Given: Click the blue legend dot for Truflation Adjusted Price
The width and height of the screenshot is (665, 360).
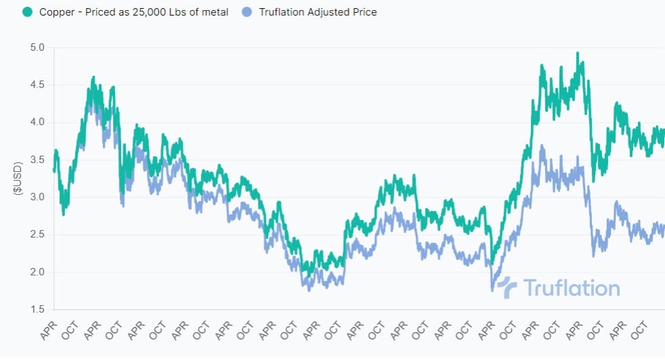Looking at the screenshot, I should [x=248, y=12].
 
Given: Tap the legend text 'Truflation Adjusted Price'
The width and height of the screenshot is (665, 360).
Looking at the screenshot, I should [x=318, y=12].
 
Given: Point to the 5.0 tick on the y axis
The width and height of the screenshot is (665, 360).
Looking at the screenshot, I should [x=37, y=47].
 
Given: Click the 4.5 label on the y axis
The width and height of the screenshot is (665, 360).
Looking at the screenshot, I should [x=37, y=85].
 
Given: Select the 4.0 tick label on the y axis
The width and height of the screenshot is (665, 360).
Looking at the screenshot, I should [x=37, y=122].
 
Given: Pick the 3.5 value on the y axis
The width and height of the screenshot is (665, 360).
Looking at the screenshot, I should [x=37, y=160].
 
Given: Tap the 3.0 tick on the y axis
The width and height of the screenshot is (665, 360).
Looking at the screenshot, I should [x=37, y=197].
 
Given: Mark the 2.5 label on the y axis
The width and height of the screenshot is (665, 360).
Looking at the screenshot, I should [x=37, y=235].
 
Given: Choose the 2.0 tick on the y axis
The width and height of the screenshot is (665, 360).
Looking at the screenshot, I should [x=37, y=272].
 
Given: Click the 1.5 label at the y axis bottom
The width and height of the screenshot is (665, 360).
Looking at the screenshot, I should [x=37, y=309].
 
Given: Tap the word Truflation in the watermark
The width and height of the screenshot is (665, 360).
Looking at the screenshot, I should [x=572, y=288].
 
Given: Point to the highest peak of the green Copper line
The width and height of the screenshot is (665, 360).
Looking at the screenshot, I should [x=578, y=53].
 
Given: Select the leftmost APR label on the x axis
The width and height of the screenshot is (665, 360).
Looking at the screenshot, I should [x=49, y=331].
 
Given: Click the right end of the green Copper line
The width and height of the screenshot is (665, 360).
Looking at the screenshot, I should [x=664, y=133].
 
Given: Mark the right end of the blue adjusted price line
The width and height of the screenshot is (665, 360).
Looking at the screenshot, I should [x=664, y=228].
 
